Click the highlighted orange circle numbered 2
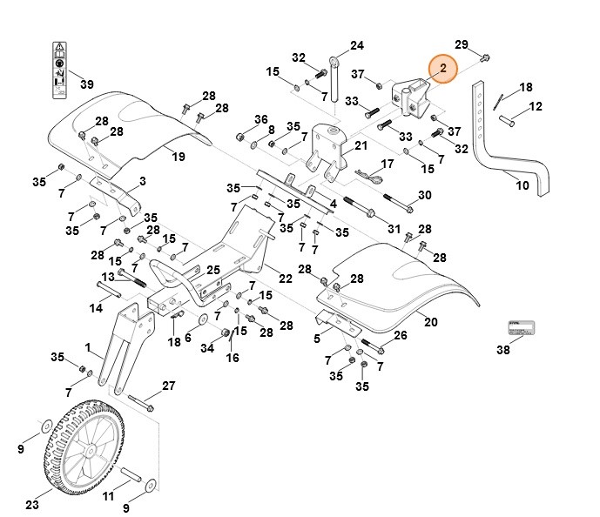coord(442,68)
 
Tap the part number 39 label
coord(86,84)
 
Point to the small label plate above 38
coord(521,328)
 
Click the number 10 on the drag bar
coord(522,185)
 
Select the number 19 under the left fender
coord(178,157)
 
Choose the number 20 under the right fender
coord(430,322)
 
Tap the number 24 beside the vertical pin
coord(357,45)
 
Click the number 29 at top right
coord(462,44)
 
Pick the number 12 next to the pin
coord(536,106)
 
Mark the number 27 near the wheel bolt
coord(168,386)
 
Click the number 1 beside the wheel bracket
coord(88,347)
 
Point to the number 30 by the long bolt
coord(425,195)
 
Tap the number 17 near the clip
coord(388,163)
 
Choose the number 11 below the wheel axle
coord(109,496)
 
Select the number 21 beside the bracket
coord(361,146)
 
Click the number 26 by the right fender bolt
coord(400,336)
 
